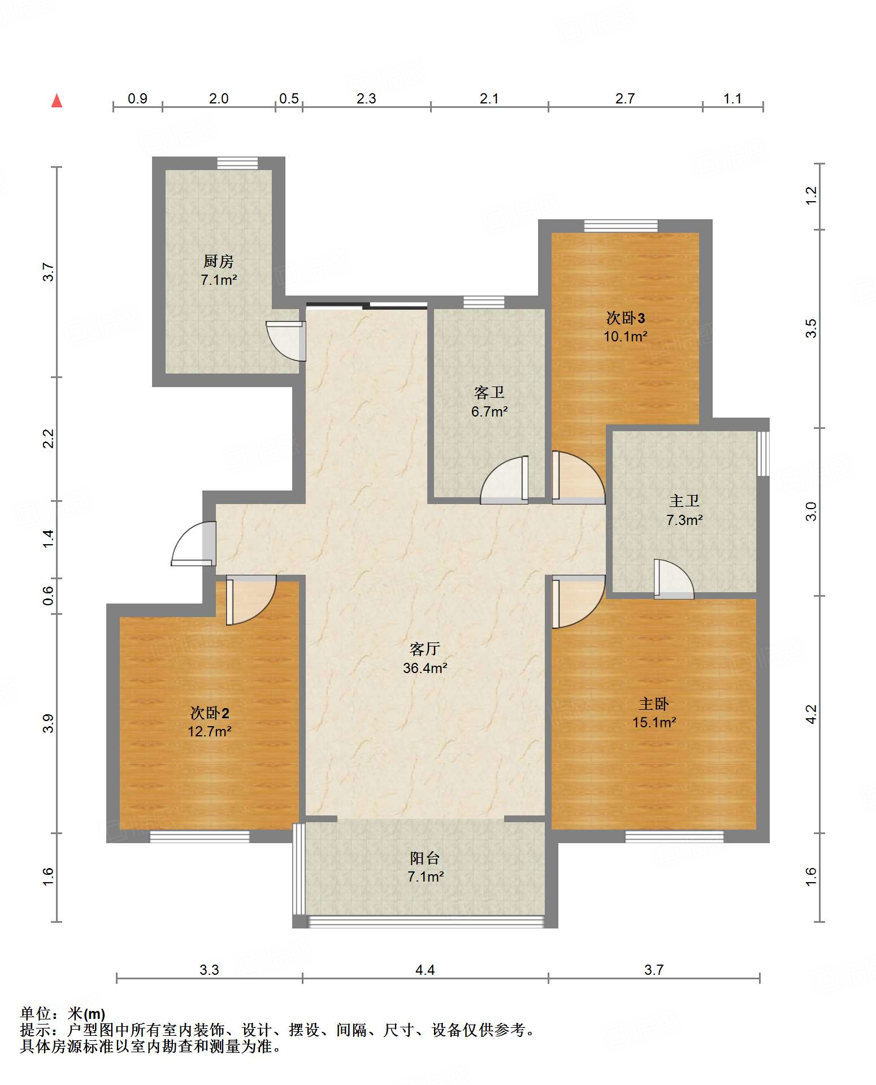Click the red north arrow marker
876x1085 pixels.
coord(57,101)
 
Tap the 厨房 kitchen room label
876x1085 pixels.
coord(218,261)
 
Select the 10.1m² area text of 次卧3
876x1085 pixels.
coord(625,337)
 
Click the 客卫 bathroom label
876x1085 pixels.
coord(489,392)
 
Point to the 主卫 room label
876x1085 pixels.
coord(684,501)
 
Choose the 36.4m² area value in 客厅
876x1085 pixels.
coord(425,668)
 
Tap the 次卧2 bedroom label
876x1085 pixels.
coord(210,713)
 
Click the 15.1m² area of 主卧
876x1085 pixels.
coord(654,722)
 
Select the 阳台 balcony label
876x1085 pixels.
coord(425,858)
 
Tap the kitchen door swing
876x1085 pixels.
coord(286,341)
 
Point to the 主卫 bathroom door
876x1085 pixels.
coord(674,579)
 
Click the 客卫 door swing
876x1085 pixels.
coord(504,480)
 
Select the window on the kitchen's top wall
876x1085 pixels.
coord(238,163)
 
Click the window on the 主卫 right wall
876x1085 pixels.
coord(763,453)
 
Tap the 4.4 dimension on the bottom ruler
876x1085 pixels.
coord(425,970)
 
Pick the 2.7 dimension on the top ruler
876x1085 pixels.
coord(625,98)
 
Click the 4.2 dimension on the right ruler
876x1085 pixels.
coord(812,714)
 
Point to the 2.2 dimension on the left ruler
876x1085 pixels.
coord(49,439)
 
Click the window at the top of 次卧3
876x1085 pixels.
coord(621,226)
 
